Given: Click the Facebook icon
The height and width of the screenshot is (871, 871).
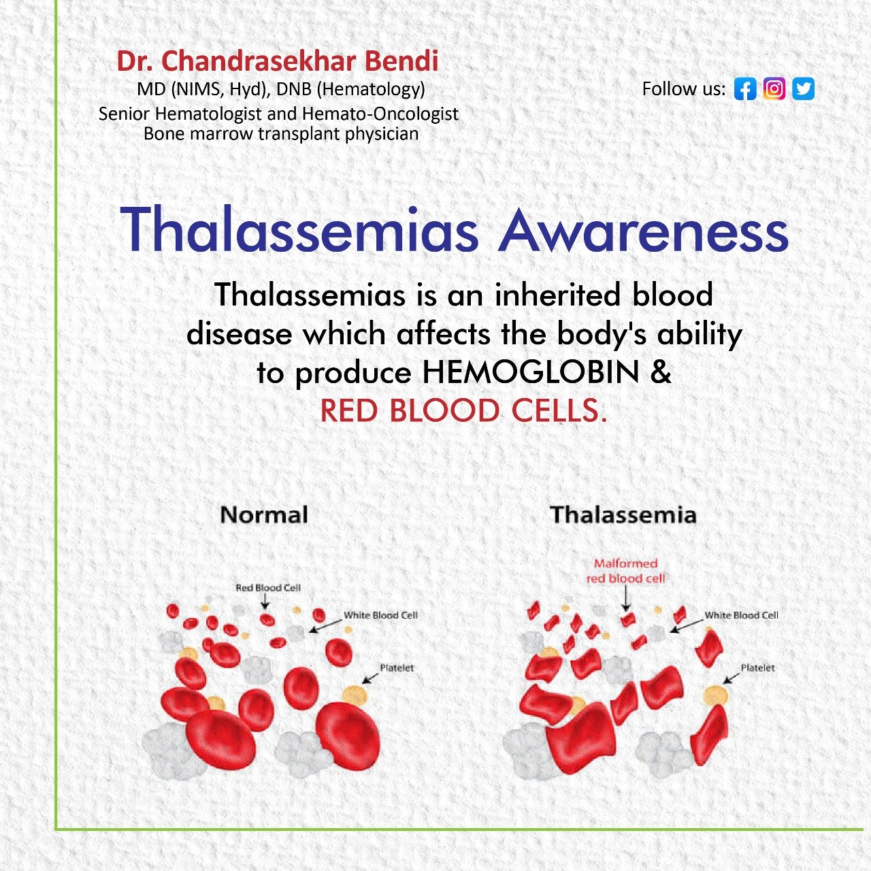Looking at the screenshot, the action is (x=745, y=88).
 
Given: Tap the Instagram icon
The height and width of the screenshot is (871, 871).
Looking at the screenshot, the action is (x=774, y=88).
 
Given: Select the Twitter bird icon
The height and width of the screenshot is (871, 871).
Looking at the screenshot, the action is (x=803, y=88).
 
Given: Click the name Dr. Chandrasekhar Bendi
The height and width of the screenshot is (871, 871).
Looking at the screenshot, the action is (x=278, y=61).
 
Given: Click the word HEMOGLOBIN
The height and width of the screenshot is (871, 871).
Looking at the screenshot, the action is (x=531, y=372).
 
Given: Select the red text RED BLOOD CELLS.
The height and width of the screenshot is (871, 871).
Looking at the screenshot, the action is (x=463, y=410).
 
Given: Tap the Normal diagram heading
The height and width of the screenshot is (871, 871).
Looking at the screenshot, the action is (x=265, y=514).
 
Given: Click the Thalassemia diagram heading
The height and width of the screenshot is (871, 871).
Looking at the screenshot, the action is (x=623, y=514).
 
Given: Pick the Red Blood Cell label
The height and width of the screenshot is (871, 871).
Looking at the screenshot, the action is (x=268, y=588).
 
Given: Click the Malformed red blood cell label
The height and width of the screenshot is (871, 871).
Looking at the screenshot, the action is (x=625, y=571).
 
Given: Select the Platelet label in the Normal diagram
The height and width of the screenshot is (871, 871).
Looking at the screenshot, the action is (x=397, y=668).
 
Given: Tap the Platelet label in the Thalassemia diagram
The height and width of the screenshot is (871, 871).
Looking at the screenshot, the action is (x=757, y=668).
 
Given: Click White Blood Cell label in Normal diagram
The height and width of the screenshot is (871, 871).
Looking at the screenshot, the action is (x=380, y=615).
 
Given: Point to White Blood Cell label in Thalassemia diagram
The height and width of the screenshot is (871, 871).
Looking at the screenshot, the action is (x=741, y=615).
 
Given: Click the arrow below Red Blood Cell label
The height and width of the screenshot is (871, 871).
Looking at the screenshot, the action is (x=265, y=601).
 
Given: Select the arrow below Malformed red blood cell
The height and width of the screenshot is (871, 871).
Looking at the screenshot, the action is (x=626, y=598).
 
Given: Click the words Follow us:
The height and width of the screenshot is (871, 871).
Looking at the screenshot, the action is (x=684, y=89).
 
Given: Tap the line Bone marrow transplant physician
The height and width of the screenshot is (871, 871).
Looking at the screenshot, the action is (x=280, y=134).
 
